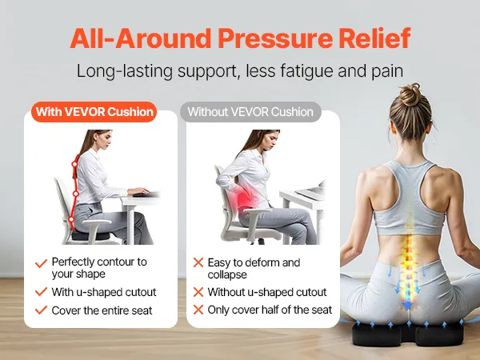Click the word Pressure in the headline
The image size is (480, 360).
pos(274,38)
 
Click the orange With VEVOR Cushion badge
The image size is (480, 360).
pos(94,112)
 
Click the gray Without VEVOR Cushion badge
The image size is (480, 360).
pos(250,112)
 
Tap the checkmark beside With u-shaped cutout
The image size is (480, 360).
pos(41,292)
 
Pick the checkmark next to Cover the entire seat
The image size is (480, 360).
pos(41,310)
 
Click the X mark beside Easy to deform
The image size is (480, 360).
pos(198,262)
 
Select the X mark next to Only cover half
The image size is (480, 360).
pos(198,310)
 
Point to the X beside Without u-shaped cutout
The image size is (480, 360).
pos(198,292)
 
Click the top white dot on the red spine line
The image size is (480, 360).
pos(74,164)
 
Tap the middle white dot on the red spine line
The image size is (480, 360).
pos(76,194)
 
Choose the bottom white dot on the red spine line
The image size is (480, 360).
pos(71,219)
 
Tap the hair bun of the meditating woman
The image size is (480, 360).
pos(410,94)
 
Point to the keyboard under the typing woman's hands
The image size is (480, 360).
pos(146,194)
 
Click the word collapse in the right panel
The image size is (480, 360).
pos(227,274)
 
